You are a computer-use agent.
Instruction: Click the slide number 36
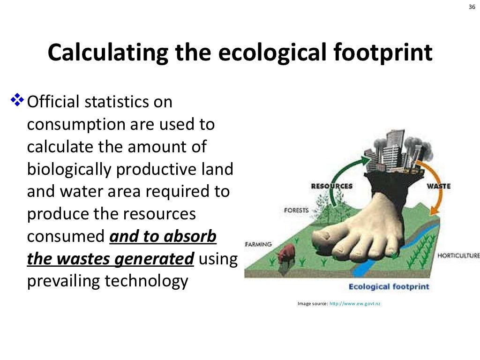pyautogui.click(x=472, y=7)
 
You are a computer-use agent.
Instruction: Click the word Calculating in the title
pyautogui.click(x=107, y=52)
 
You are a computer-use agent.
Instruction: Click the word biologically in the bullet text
pyautogui.click(x=68, y=169)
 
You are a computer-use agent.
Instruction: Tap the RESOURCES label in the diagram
pyautogui.click(x=332, y=186)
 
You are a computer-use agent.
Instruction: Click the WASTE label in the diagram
pyautogui.click(x=439, y=186)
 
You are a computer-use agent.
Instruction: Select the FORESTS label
pyautogui.click(x=296, y=210)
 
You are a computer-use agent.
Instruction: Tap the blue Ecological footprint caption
pyautogui.click(x=389, y=286)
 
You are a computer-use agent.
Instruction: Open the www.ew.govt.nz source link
pyautogui.click(x=355, y=304)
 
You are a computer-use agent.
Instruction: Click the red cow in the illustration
pyautogui.click(x=286, y=254)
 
